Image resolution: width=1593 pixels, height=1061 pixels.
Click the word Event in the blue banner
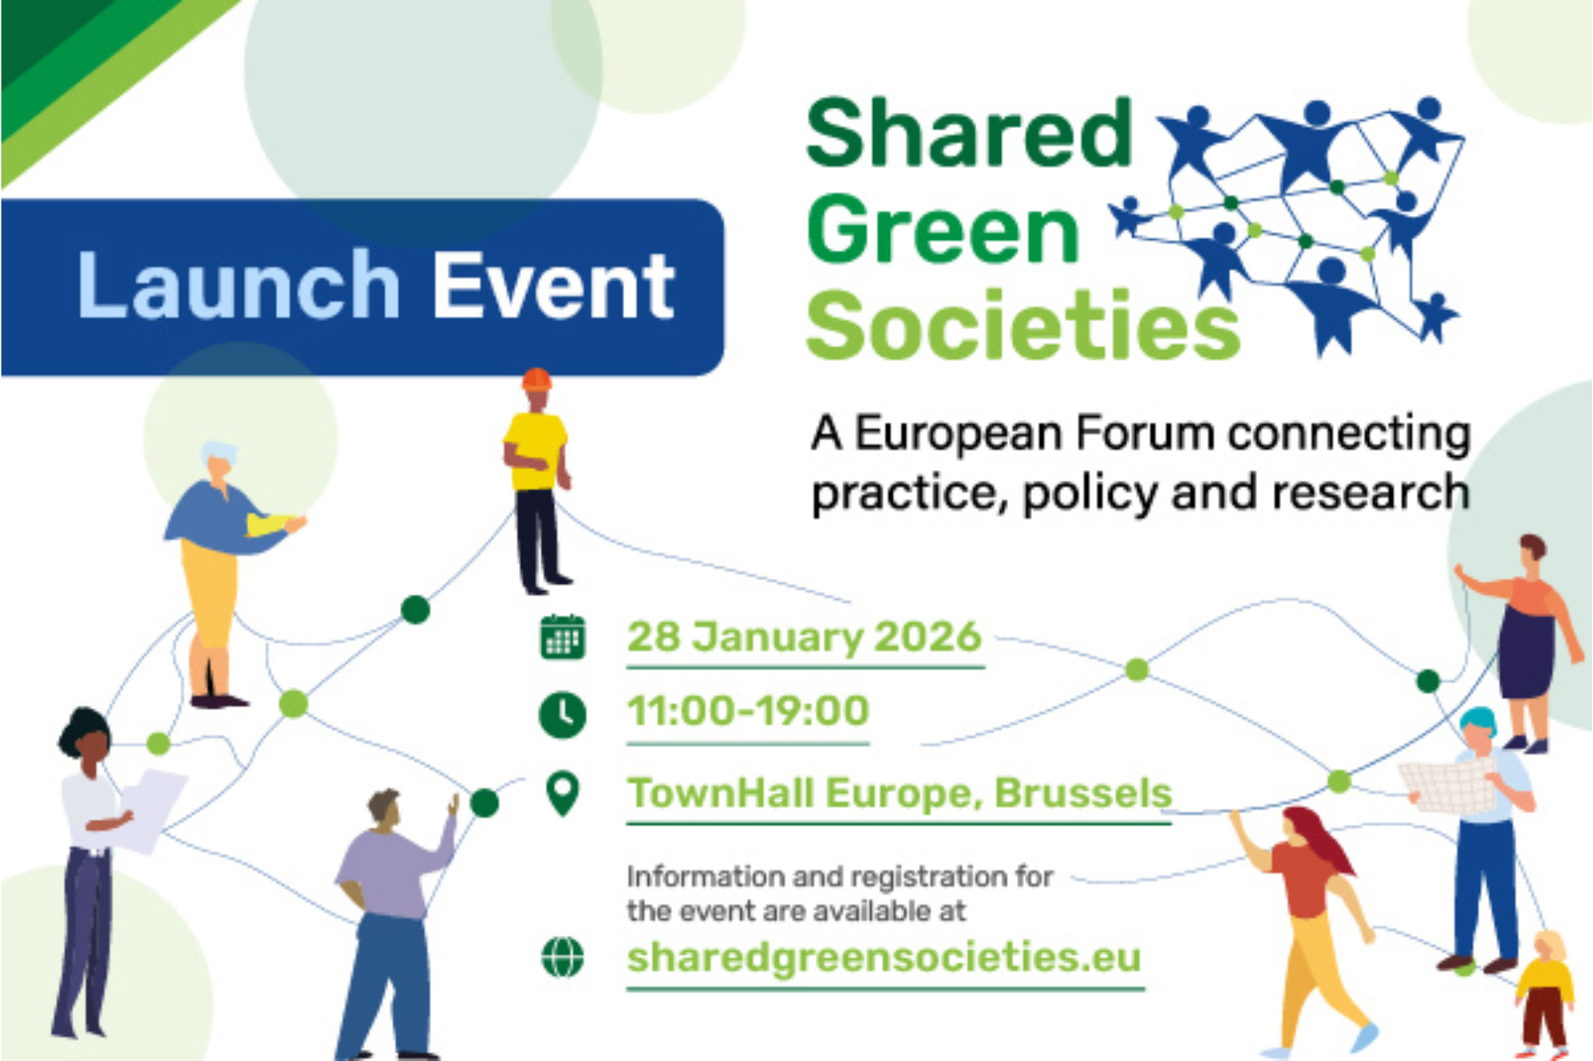point(553,286)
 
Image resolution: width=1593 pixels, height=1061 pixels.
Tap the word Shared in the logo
point(969,134)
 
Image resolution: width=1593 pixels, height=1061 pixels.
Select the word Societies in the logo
point(1022,326)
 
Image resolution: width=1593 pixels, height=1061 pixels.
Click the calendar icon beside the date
point(563,637)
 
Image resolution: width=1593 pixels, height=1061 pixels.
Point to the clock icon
point(563,714)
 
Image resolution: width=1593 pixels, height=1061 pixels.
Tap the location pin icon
point(563,794)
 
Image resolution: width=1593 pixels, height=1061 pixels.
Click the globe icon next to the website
point(563,957)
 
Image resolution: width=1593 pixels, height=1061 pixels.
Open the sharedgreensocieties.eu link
point(884,958)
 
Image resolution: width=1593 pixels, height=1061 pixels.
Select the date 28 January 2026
point(804,637)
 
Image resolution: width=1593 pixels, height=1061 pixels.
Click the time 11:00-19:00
point(748,711)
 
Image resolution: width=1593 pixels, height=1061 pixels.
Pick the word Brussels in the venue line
point(1083,793)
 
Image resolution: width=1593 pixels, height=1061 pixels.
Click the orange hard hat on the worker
point(537,379)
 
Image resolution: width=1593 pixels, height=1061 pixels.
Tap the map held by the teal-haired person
point(1447,784)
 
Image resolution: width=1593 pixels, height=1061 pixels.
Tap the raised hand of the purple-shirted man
point(453,804)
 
